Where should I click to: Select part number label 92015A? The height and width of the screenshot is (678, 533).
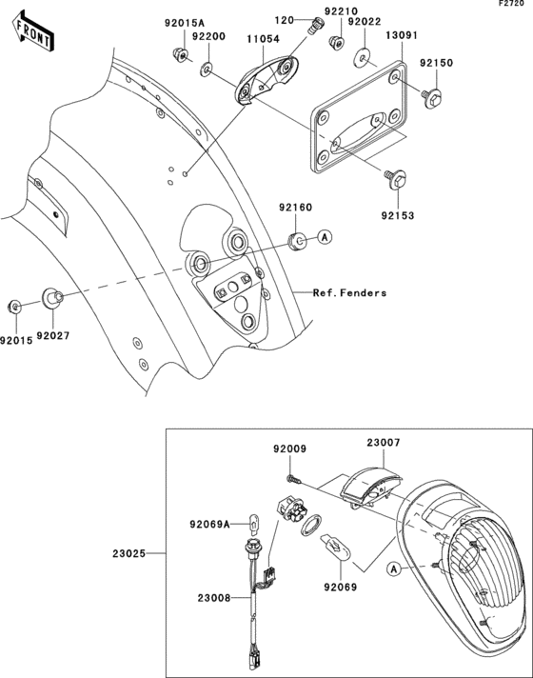[x=185, y=23]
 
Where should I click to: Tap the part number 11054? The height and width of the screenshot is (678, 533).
[x=264, y=39]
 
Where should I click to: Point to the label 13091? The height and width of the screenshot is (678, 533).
[x=402, y=35]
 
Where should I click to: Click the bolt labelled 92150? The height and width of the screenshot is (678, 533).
[x=432, y=97]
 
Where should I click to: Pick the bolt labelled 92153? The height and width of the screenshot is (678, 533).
[x=395, y=179]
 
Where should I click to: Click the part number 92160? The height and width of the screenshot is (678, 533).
[x=295, y=208]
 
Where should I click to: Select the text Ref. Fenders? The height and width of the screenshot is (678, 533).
[x=349, y=293]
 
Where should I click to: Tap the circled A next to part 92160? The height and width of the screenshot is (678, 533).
[x=326, y=237]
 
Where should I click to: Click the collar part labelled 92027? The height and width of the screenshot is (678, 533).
[x=52, y=298]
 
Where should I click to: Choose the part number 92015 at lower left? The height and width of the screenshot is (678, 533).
[x=16, y=341]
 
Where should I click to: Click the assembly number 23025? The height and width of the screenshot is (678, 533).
[x=128, y=553]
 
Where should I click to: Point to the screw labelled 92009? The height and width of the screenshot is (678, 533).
[x=292, y=479]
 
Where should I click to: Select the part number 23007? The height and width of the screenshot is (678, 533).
[x=384, y=443]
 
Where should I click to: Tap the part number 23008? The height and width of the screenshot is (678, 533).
[x=214, y=598]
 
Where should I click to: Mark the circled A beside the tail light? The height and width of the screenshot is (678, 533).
[x=393, y=569]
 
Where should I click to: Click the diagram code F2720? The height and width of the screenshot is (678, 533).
[x=511, y=4]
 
